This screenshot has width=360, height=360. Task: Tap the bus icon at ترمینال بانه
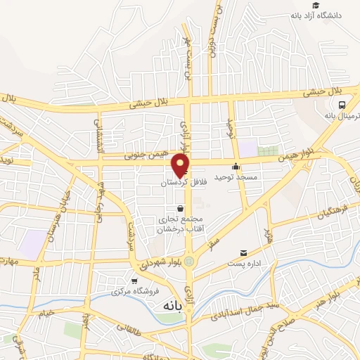341,105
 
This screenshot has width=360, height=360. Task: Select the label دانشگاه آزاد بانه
330,15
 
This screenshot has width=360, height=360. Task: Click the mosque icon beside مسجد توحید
236,167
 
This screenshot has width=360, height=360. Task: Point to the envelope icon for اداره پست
244,253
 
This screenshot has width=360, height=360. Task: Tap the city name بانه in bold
172,306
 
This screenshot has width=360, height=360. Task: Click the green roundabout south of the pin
189,261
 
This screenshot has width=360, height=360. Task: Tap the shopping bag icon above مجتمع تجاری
181,208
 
